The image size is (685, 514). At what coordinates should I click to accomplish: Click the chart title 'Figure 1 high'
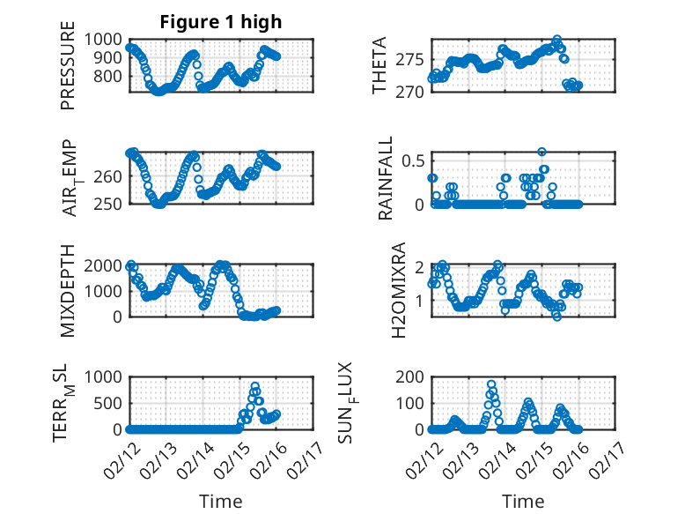coord(220,22)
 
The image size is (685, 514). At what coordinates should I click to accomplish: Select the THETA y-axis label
coord(379,65)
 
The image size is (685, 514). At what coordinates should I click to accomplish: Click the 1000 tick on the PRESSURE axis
coord(106,40)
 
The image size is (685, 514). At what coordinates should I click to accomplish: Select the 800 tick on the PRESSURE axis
coord(110,77)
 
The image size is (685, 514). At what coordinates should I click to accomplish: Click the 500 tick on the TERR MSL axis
coord(110,403)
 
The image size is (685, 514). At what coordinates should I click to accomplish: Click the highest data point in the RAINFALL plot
coord(542,152)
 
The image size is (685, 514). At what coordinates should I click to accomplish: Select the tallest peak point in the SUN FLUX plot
coord(491,384)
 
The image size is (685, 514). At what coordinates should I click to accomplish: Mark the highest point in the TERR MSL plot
coord(255,386)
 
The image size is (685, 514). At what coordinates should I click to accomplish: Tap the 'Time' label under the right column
coord(523,502)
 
